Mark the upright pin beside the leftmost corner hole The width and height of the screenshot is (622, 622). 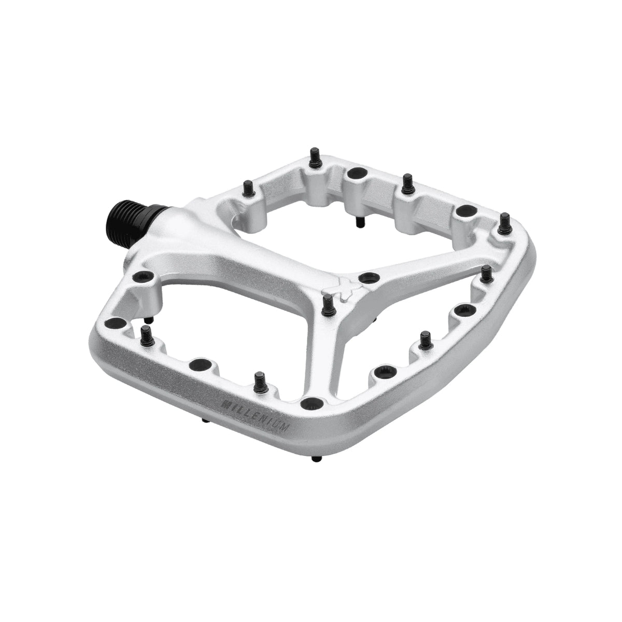pyautogui.click(x=146, y=334)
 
